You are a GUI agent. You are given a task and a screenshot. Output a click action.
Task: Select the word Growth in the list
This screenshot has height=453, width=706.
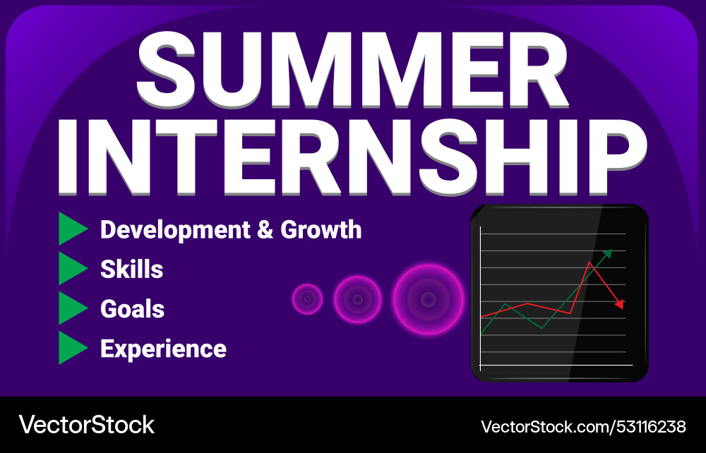click(321, 230)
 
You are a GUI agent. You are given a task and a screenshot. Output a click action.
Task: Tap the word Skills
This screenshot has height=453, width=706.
click(132, 270)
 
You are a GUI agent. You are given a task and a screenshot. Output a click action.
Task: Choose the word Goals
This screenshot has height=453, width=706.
click(133, 309)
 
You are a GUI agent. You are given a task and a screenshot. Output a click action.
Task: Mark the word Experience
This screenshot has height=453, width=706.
click(164, 349)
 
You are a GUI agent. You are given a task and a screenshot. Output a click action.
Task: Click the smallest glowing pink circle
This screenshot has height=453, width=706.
click(307, 299)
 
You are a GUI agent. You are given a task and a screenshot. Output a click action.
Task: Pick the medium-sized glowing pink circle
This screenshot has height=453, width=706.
click(358, 299)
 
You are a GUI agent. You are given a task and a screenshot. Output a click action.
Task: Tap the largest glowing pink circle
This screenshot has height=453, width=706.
click(429, 299)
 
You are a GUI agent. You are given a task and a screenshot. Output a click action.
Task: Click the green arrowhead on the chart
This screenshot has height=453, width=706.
click(607, 253)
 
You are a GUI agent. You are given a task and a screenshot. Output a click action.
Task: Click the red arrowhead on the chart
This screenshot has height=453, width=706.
click(619, 304)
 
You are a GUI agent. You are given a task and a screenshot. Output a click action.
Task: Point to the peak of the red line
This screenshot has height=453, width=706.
click(589, 262)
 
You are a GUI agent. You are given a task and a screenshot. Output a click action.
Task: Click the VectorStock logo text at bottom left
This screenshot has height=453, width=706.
click(86, 425)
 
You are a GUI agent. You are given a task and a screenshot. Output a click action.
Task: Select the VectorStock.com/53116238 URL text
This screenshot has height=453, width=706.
click(583, 426)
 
